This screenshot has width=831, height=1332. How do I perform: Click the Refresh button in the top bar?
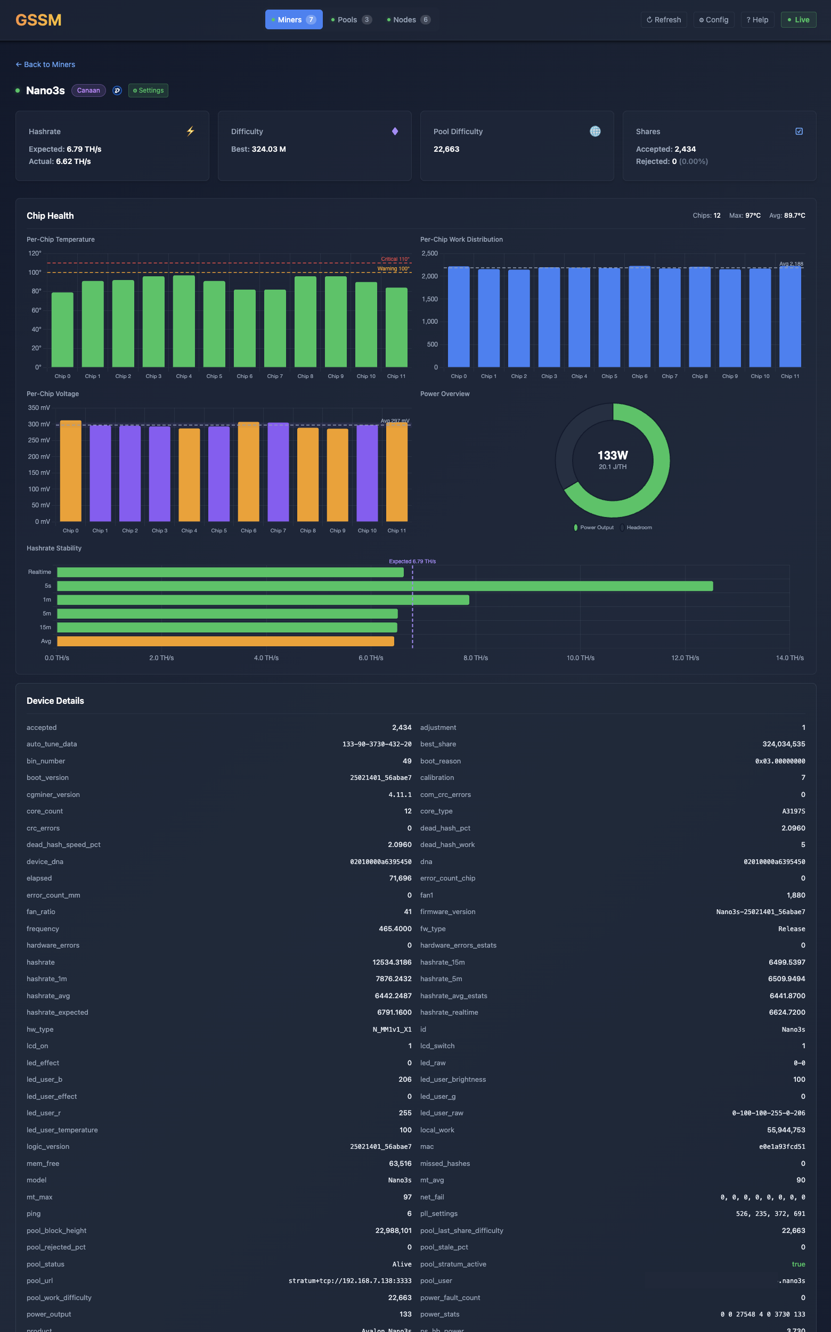tap(663, 20)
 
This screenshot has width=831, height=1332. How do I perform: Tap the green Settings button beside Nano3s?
tap(149, 91)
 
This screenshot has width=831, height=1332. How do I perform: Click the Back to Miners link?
tap(46, 64)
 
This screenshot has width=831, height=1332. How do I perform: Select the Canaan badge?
tap(88, 91)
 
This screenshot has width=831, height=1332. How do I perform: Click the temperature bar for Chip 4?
tap(184, 322)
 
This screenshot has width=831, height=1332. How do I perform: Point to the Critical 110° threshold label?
tap(395, 259)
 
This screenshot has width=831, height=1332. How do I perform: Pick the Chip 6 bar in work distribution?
tap(639, 317)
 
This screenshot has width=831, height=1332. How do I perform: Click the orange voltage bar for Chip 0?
tap(70, 471)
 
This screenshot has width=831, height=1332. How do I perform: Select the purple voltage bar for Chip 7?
tap(278, 472)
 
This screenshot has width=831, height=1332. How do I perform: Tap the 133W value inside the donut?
tap(612, 455)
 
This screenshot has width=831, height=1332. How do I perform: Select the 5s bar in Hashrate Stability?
tap(385, 586)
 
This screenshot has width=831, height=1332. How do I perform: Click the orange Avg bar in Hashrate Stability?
tap(225, 641)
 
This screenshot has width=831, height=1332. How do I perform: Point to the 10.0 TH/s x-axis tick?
tap(581, 657)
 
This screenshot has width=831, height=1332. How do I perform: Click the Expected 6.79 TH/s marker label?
tap(412, 561)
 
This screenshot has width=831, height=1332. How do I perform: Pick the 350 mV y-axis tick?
tap(38, 408)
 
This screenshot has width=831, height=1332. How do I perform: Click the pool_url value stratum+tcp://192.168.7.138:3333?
tap(349, 1280)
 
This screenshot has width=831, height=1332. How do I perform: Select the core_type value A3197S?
tap(793, 811)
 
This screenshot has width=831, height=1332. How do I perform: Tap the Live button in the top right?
tap(798, 20)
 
